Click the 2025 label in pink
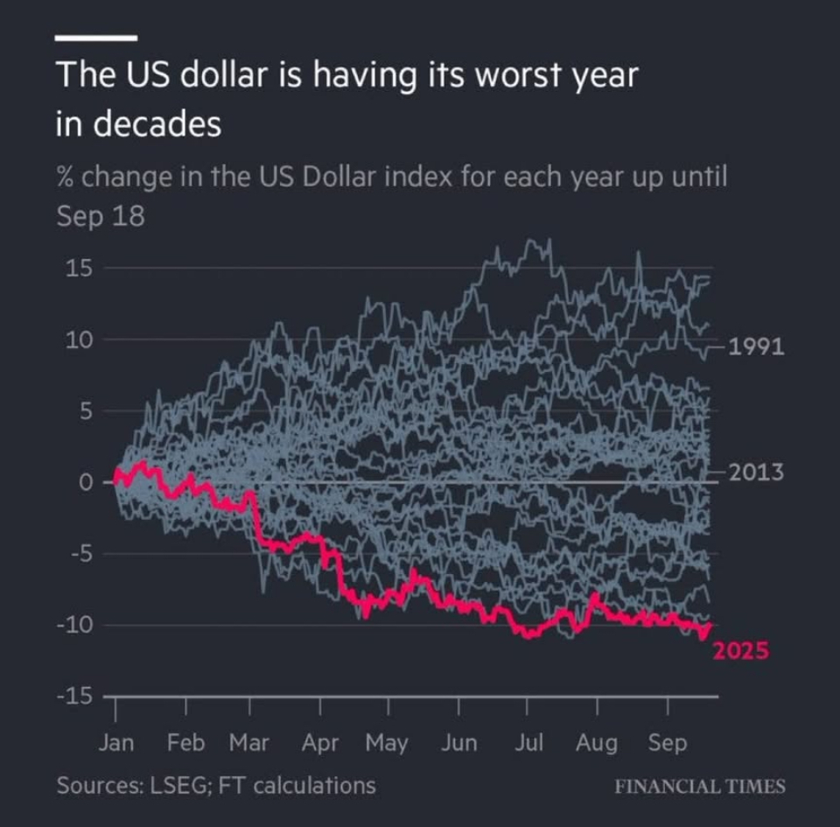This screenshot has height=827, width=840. click(x=739, y=650)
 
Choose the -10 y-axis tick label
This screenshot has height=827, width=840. click(x=77, y=626)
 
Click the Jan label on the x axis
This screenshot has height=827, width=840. click(x=115, y=743)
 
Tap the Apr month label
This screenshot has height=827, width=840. click(x=320, y=743)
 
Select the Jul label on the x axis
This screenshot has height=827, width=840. click(x=528, y=743)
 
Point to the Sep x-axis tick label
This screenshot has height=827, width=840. click(x=668, y=743)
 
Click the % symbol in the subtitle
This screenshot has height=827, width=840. click(x=66, y=178)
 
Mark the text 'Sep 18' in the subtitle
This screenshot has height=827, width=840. click(x=100, y=216)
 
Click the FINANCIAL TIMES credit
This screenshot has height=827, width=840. click(x=700, y=785)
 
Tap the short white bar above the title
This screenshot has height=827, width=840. click(x=96, y=38)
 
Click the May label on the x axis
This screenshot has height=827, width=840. click(x=386, y=743)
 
